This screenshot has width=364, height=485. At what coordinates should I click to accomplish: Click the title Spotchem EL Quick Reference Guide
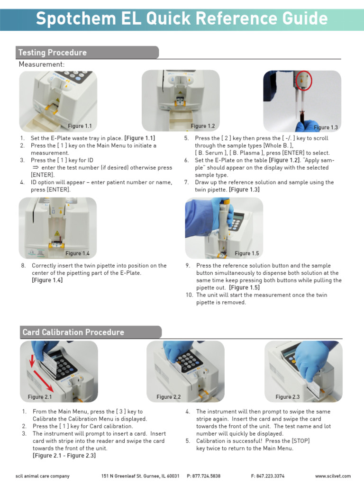182,18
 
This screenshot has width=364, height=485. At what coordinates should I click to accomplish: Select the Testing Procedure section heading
52,53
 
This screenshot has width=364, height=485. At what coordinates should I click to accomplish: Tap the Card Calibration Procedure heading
73,332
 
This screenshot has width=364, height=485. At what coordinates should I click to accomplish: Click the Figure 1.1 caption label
80,126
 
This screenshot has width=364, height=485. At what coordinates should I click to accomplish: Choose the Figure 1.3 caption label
326,127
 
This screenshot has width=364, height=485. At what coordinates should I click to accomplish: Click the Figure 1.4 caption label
78,253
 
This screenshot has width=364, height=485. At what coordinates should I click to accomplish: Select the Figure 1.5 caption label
247,253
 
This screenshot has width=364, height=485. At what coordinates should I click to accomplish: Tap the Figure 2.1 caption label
40,397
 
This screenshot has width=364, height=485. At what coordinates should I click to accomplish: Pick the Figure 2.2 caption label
169,397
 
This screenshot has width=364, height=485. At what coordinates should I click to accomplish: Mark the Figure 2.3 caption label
288,397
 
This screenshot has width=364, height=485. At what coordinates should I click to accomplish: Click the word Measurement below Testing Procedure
41,64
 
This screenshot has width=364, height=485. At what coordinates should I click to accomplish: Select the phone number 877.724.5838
204,476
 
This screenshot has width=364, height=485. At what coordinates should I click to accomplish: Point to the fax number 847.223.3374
268,476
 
